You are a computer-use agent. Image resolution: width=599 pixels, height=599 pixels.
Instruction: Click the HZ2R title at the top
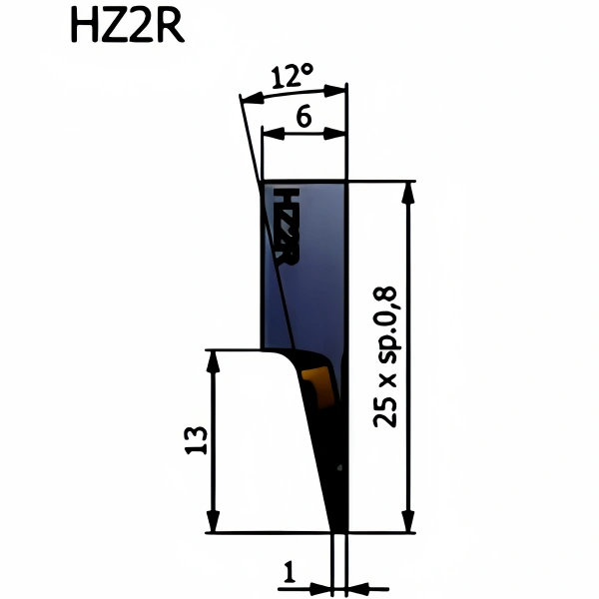click(128, 26)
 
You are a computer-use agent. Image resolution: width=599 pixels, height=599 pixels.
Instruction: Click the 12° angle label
click(293, 76)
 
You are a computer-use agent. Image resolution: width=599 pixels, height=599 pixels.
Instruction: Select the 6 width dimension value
click(304, 117)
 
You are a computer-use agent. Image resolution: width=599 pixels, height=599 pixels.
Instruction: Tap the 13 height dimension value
click(197, 440)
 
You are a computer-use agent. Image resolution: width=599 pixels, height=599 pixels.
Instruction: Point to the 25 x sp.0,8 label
click(384, 356)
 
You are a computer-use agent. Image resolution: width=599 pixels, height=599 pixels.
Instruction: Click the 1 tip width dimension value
click(290, 572)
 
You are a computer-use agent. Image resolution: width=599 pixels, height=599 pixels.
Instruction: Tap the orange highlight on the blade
click(318, 385)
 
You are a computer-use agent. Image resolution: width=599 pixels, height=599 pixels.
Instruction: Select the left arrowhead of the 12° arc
click(253, 98)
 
